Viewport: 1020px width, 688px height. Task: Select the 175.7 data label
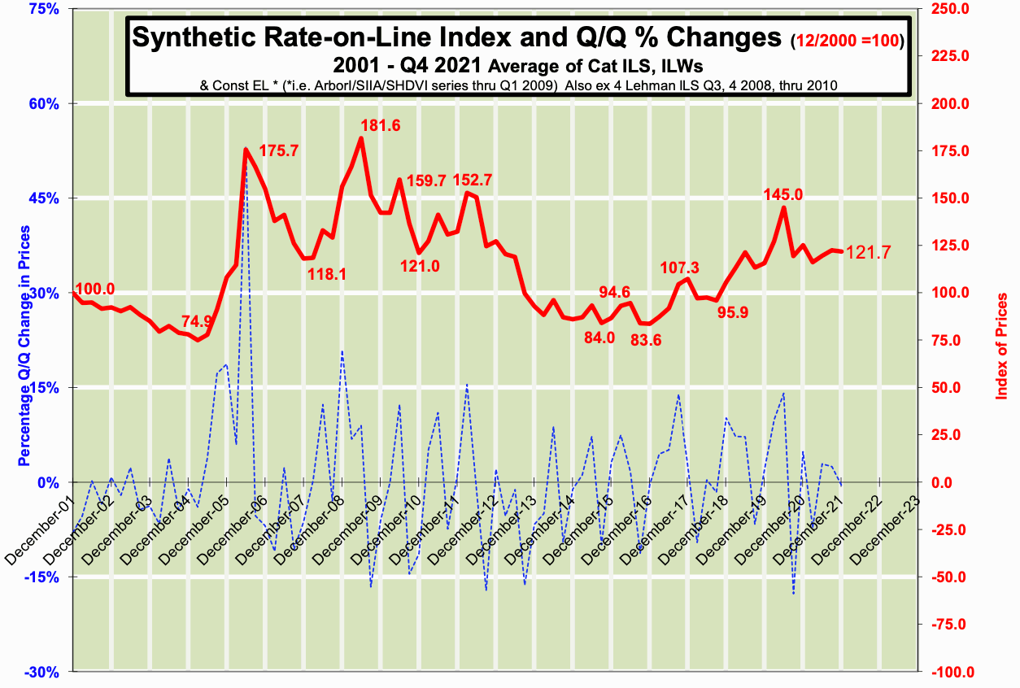point(279,151)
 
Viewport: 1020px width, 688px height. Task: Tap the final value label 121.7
point(869,253)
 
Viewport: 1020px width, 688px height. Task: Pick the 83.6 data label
point(646,341)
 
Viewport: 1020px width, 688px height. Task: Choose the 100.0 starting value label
point(95,289)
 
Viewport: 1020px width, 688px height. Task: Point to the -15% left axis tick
point(46,577)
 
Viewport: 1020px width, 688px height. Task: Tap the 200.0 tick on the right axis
point(946,103)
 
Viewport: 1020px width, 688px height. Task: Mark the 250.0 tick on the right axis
point(946,9)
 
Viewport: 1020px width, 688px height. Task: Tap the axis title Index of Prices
point(1001,346)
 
